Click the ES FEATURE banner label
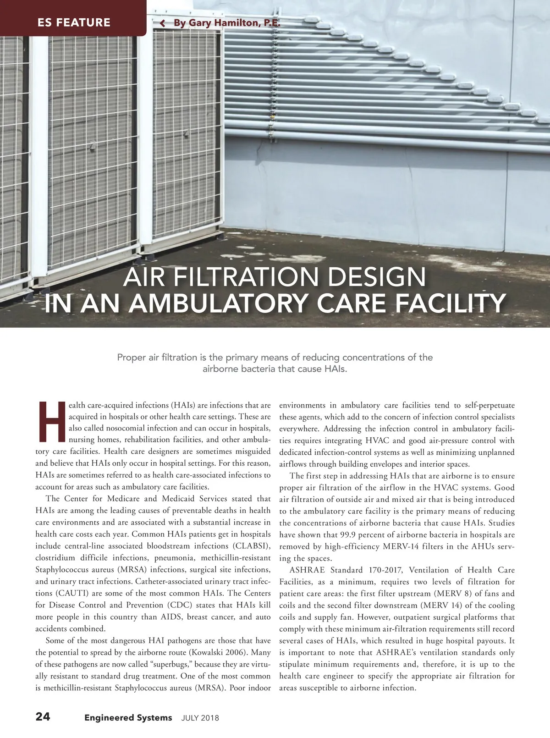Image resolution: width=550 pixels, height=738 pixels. (x=74, y=22)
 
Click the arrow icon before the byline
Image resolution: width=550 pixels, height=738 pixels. (x=162, y=23)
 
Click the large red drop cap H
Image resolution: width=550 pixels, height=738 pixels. (x=51, y=421)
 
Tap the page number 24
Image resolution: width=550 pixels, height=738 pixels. (x=43, y=717)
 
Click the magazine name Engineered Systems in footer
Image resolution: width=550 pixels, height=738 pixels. (x=128, y=717)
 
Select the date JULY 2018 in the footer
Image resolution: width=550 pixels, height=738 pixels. (x=200, y=718)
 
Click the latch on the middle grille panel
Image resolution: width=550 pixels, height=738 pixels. (x=93, y=146)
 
